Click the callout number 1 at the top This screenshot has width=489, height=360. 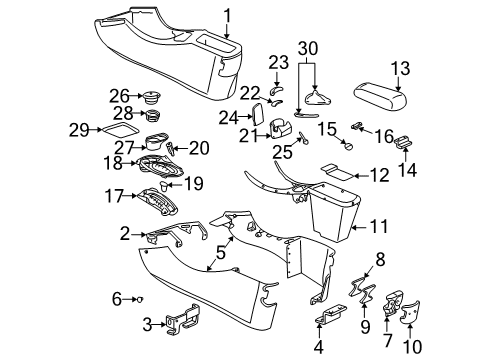(x=227, y=14)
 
